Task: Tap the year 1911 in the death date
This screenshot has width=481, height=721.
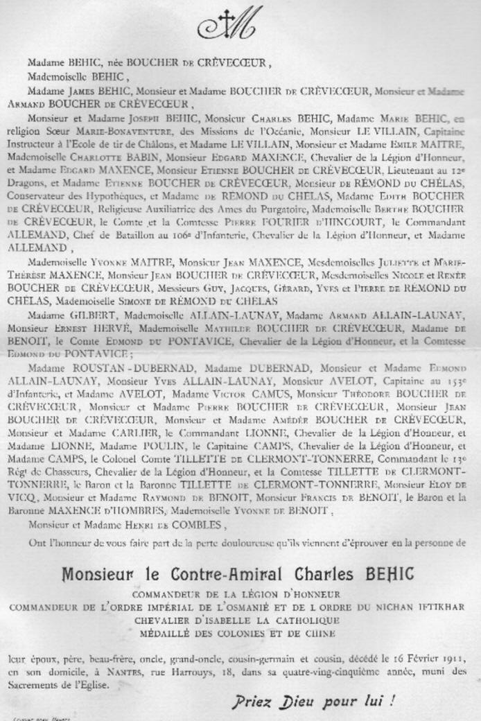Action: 452,657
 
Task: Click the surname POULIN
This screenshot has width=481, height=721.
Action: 157,462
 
